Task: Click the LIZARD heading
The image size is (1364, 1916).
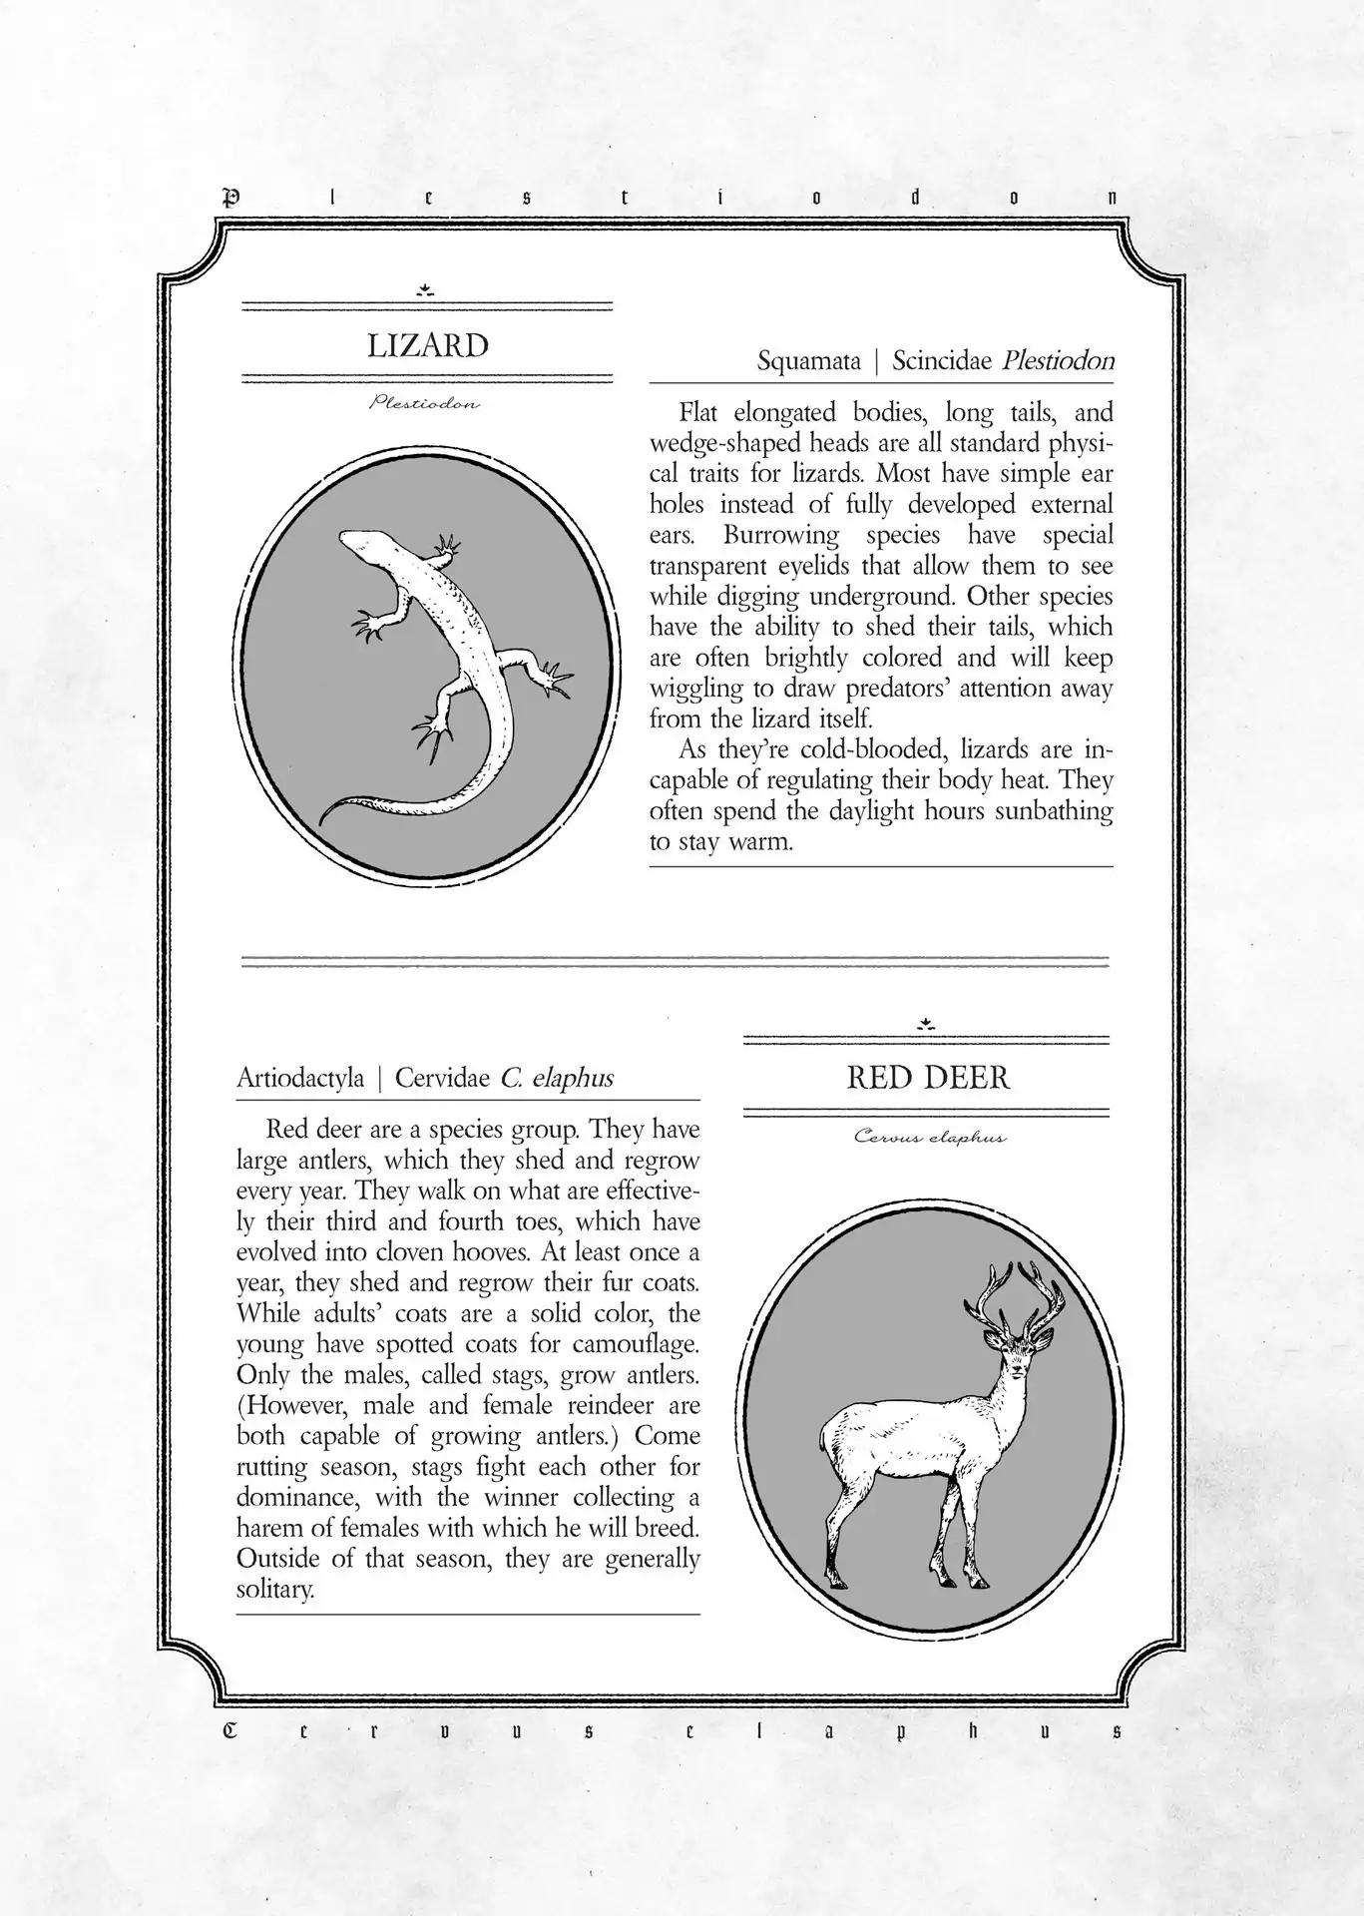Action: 427,346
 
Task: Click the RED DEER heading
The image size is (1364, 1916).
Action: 928,1078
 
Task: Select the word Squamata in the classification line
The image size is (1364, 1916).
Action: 808,361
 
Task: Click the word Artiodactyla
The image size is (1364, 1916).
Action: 300,1079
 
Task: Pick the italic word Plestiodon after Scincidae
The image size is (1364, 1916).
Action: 1058,361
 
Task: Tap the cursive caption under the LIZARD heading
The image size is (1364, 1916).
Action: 425,404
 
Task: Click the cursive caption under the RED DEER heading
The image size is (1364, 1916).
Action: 929,1137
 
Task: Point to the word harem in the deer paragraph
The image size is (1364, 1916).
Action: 265,1528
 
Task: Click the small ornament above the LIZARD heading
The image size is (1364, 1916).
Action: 426,290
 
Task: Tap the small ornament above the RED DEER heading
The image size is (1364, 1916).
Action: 927,1023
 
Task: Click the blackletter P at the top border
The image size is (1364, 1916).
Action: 230,197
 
